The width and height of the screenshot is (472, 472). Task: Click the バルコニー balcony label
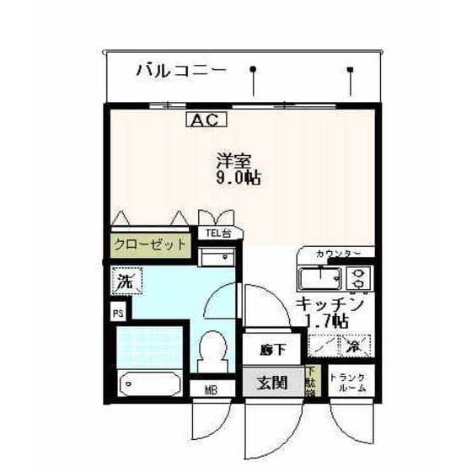[x=181, y=71]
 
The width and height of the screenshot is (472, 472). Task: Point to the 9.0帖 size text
[x=237, y=178]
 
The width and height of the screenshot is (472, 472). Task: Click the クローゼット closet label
[x=150, y=244]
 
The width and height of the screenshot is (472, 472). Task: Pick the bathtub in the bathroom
[x=152, y=384]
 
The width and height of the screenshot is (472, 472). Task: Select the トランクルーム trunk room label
[x=348, y=383]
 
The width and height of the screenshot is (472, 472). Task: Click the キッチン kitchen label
[x=330, y=303]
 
